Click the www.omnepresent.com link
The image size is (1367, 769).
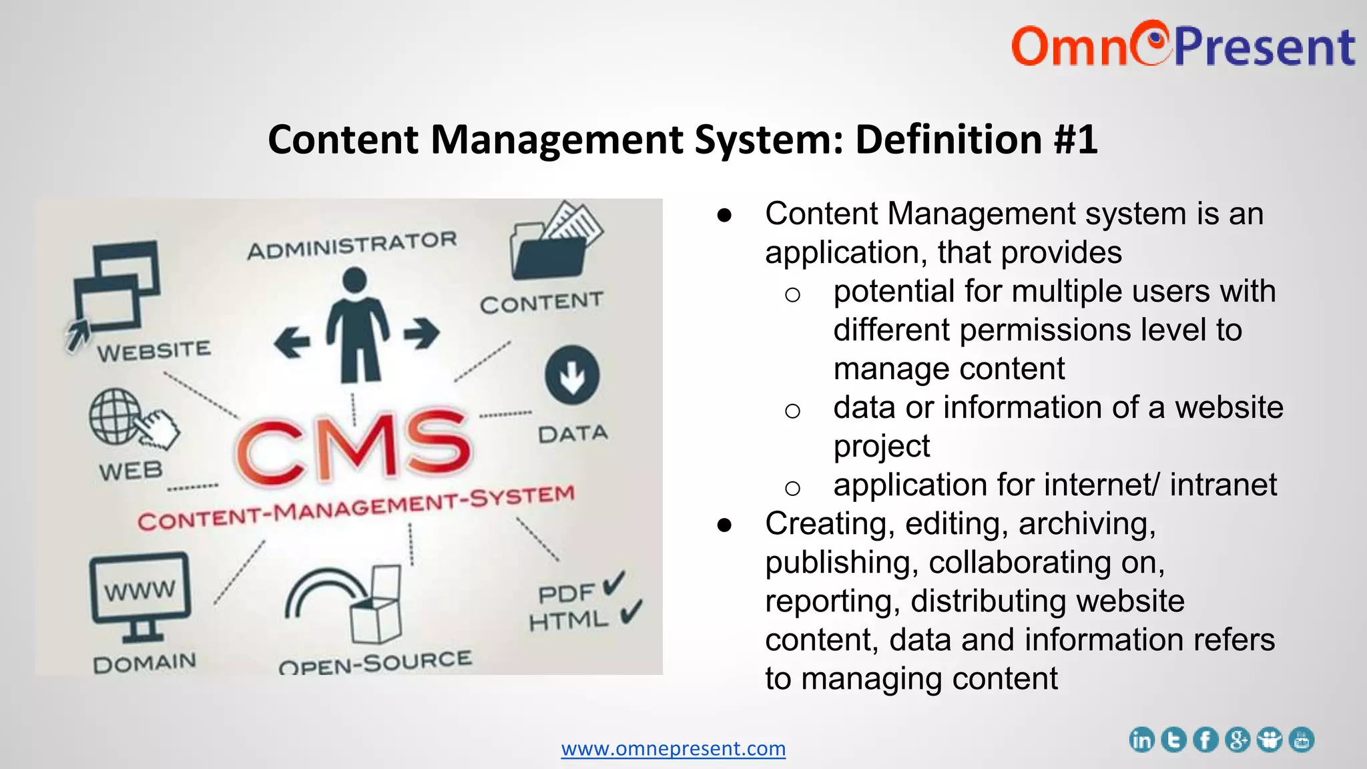coord(673,748)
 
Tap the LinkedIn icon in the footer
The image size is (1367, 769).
coord(1141,740)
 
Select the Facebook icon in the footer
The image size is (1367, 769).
coord(1205,740)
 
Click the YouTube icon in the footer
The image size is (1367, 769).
coord(1302,740)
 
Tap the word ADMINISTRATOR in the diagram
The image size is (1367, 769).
coord(352,245)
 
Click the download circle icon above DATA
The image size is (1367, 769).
coord(572,374)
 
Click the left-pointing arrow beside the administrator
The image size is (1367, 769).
coord(292,342)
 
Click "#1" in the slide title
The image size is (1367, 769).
coord(1075,140)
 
